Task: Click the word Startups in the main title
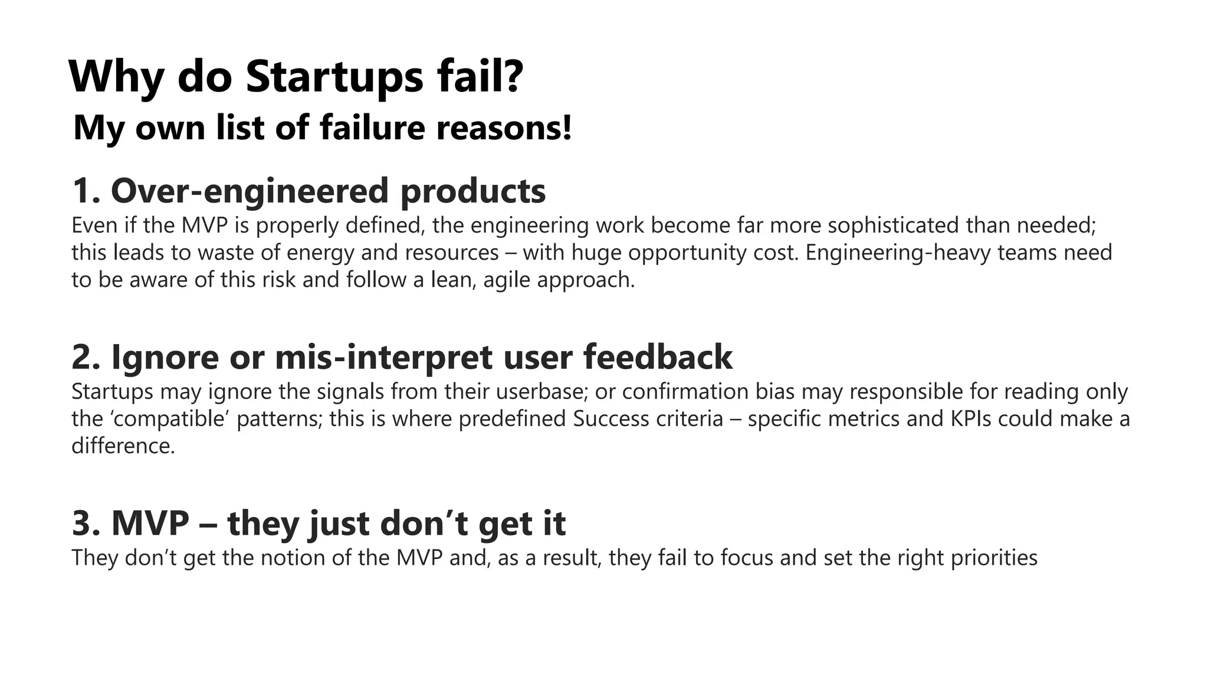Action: point(334,77)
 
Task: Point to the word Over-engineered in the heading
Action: point(250,192)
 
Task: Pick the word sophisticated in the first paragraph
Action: point(893,225)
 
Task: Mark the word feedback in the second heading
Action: point(658,357)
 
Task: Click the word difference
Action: point(123,446)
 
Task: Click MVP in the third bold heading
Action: point(150,524)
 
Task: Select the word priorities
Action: point(994,558)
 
